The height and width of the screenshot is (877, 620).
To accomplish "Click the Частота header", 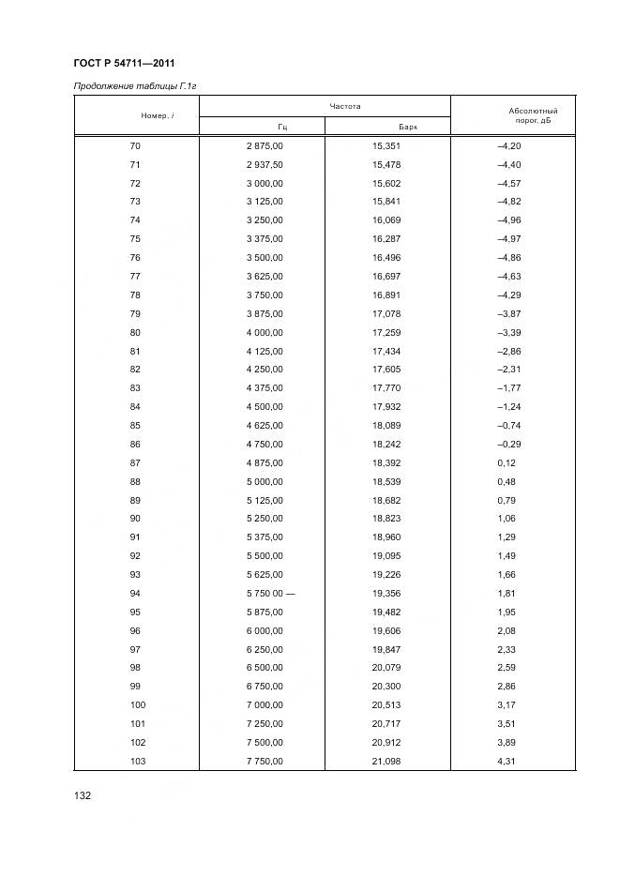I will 344,106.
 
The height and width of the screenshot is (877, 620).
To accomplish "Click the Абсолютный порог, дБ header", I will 533,116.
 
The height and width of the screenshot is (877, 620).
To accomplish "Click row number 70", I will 135,146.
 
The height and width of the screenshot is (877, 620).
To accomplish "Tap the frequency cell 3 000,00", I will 265,183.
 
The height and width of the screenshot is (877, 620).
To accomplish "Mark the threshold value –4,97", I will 508,238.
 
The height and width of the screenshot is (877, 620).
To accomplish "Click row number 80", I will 135,332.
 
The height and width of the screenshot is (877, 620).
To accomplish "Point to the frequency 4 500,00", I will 265,406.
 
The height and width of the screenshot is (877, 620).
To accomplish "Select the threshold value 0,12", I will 505,462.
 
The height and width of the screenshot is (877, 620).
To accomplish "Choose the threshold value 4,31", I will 505,761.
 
